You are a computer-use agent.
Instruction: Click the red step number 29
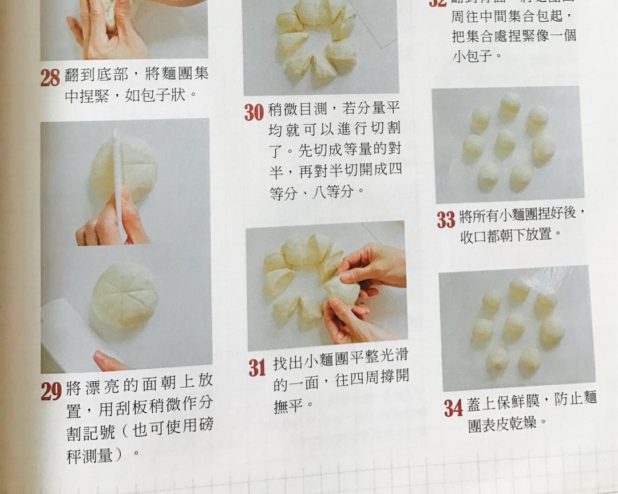pos(51,391)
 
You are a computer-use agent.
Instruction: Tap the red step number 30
pos(254,112)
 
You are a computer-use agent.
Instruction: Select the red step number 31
pos(257,368)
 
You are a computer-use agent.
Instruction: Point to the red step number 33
pos(446,220)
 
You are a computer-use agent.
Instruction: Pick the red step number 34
pos(453,408)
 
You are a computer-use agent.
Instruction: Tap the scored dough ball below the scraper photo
pos(125,294)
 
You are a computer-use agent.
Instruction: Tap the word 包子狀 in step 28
pos(169,94)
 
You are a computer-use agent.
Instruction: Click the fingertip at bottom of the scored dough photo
pos(106,361)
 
